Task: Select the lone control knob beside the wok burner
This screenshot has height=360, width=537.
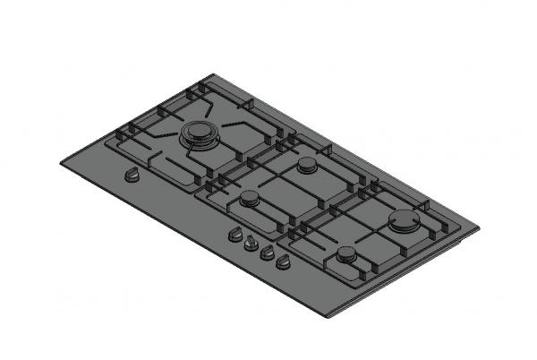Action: pos(132,176)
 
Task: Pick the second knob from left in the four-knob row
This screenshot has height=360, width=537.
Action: pos(251,244)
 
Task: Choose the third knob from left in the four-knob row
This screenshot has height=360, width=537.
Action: pos(267,253)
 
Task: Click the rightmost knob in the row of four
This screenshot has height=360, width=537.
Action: pos(283,262)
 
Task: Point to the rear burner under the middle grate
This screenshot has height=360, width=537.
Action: pos(308,166)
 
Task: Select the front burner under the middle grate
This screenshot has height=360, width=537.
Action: pos(249,198)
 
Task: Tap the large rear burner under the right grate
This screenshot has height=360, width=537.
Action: pos(405,221)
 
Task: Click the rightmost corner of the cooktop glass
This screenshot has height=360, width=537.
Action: pos(479,227)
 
